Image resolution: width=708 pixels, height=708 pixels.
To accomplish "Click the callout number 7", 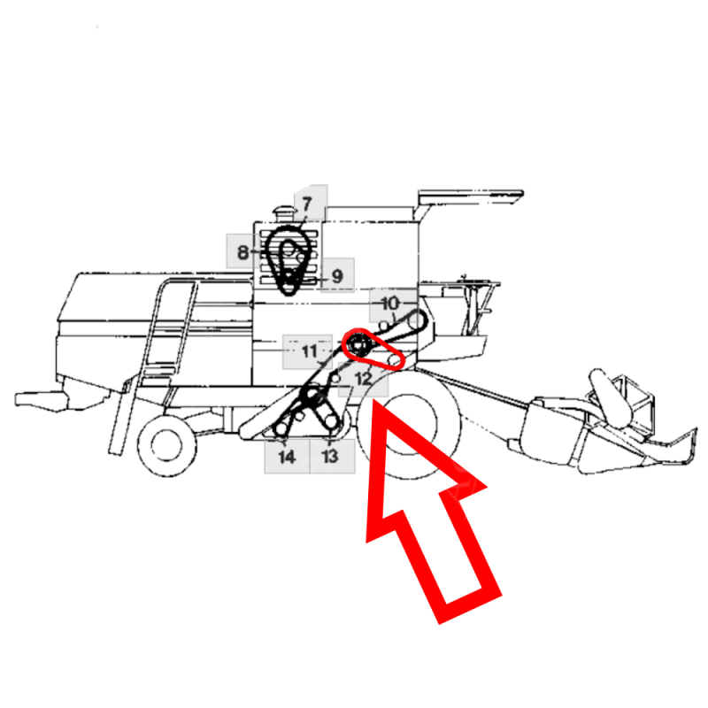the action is pos(307,204).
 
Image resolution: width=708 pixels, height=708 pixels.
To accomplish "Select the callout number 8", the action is pos(242,252).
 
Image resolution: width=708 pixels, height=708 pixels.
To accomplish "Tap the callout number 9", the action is pos(337,276).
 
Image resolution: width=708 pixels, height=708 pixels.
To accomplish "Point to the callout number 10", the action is pos(390,303).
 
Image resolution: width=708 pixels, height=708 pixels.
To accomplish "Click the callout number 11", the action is pos(310,350).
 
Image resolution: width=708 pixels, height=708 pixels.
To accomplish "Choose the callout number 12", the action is pos(364,379).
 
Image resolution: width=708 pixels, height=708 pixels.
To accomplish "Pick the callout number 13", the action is pos(330,456).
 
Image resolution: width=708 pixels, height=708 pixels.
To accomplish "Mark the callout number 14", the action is pos(287,457).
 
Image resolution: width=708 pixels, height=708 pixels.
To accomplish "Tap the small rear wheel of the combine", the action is pos(166,446).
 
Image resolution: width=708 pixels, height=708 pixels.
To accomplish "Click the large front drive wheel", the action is pos(409,425).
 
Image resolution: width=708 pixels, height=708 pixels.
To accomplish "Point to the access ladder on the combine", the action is pos(153,361).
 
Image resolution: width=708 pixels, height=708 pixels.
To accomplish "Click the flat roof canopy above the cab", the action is pos(470,196).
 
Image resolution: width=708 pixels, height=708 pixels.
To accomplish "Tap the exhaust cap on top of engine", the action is pos(283,212).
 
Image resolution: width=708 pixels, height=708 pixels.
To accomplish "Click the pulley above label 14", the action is pos(281,428).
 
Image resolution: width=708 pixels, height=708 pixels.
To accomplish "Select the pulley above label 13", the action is pos(331,421).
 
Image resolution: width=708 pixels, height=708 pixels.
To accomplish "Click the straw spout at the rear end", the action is pos(41,401).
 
